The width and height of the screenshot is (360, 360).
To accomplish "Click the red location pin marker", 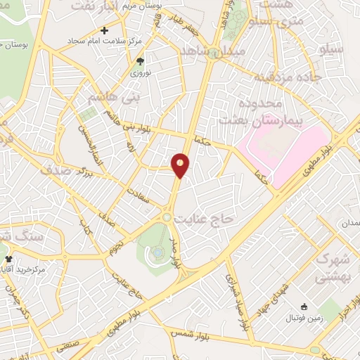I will click(181, 165).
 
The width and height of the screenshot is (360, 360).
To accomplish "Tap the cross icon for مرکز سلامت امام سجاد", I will click(105, 30).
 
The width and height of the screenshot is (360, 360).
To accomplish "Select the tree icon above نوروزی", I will click(139, 61).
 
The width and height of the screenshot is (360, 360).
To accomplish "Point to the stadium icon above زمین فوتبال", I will click(304, 307).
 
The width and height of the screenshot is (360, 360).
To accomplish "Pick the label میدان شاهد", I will click(212, 53).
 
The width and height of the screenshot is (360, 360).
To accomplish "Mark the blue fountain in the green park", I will click(158, 252).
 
